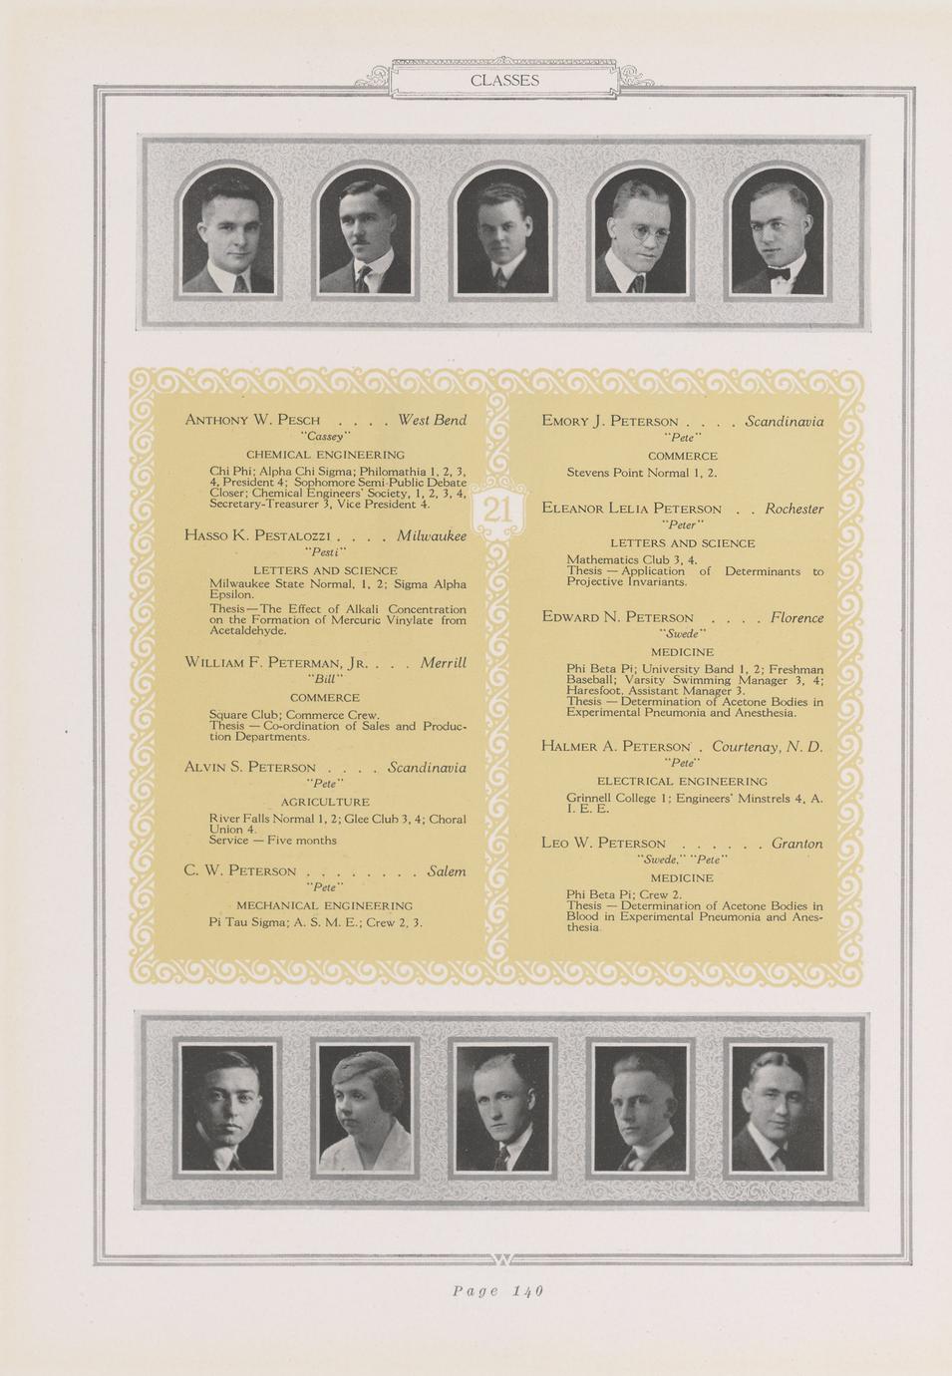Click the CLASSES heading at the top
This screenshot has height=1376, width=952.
[x=504, y=81]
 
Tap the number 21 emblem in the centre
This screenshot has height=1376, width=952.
[x=497, y=512]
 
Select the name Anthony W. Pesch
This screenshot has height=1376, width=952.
[x=252, y=420]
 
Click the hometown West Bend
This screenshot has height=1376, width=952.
[x=432, y=420]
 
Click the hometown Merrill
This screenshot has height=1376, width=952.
[x=443, y=662]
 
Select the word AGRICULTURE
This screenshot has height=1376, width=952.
[x=325, y=802]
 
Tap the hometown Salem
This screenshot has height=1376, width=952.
[x=446, y=870]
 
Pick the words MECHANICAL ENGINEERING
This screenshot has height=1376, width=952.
[x=324, y=905]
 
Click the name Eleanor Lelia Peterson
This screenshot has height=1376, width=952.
[x=631, y=509]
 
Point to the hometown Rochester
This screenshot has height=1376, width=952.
[x=793, y=509]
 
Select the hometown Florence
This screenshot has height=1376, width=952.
[x=796, y=617]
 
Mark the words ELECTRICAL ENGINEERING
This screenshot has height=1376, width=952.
[x=682, y=781]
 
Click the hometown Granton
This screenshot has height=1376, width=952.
[x=796, y=843]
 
